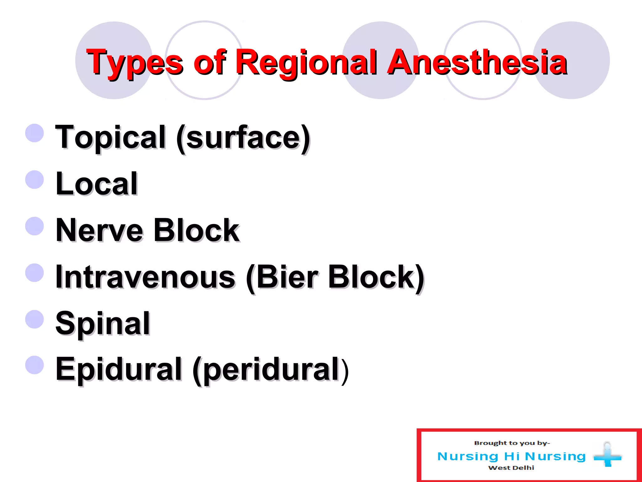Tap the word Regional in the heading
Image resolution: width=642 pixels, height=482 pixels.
[x=306, y=63]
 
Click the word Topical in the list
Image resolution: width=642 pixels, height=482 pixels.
[x=110, y=137]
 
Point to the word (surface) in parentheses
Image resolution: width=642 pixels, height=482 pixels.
[x=243, y=138]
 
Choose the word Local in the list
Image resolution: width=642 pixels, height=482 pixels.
[x=97, y=184]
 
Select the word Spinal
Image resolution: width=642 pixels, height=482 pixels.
[x=103, y=324]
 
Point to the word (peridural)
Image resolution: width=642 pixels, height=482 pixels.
[x=271, y=370]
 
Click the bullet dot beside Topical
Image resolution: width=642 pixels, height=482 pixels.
[x=34, y=133]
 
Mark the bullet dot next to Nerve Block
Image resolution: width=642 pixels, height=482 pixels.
[x=34, y=226]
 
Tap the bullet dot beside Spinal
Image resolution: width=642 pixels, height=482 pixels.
[x=34, y=319]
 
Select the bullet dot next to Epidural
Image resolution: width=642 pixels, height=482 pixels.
[x=34, y=365]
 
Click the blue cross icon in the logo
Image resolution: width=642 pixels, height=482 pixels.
[x=607, y=456]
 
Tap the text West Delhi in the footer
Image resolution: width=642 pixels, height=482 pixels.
[x=511, y=468]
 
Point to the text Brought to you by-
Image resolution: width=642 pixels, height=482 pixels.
[x=512, y=443]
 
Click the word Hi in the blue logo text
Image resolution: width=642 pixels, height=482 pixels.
[x=512, y=456]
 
